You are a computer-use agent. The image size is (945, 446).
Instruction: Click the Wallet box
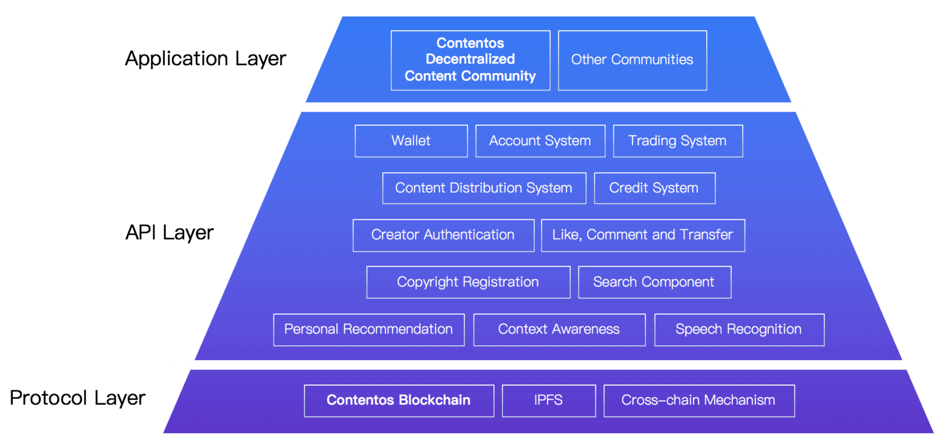pyautogui.click(x=411, y=141)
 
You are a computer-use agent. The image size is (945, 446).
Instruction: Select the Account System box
pyautogui.click(x=540, y=141)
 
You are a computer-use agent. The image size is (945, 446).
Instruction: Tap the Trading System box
pyautogui.click(x=677, y=141)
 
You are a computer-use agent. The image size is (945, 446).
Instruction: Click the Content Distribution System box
pyautogui.click(x=484, y=188)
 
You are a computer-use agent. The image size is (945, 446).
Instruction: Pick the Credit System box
pyautogui.click(x=654, y=188)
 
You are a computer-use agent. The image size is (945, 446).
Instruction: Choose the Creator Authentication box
pyautogui.click(x=443, y=235)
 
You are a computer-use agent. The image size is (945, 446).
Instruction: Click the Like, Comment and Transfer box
pyautogui.click(x=642, y=235)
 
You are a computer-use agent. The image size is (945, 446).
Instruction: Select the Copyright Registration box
pyautogui.click(x=468, y=282)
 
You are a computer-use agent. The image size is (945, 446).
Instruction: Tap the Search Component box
pyautogui.click(x=654, y=282)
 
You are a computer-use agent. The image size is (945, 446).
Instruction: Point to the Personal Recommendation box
pyautogui.click(x=368, y=329)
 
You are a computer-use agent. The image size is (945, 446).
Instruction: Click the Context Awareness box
pyautogui.click(x=559, y=329)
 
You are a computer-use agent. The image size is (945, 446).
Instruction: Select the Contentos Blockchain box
pyautogui.click(x=398, y=400)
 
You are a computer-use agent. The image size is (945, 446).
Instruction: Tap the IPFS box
pyautogui.click(x=548, y=400)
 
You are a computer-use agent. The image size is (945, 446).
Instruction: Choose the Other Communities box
pyautogui.click(x=632, y=60)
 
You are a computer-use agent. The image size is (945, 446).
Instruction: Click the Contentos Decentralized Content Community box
pyautogui.click(x=470, y=60)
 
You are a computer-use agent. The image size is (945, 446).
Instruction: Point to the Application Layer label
pyautogui.click(x=205, y=59)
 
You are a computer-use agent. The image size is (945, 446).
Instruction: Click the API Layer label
pyautogui.click(x=169, y=233)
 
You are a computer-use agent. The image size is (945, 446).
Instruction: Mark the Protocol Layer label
pyautogui.click(x=77, y=398)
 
